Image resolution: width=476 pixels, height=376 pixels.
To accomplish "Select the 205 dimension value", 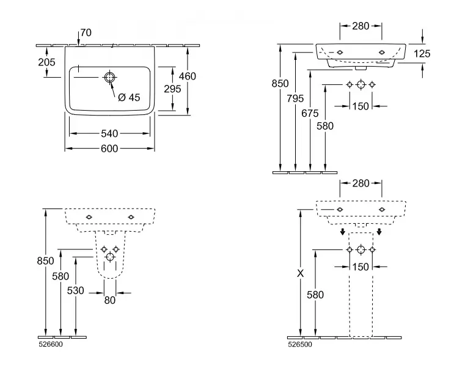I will click(x=46, y=62).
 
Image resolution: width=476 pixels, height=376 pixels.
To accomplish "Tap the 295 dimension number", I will click(x=173, y=89).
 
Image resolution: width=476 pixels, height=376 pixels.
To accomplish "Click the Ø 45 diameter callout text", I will click(x=128, y=97).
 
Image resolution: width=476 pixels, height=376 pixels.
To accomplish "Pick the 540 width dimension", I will click(x=110, y=133).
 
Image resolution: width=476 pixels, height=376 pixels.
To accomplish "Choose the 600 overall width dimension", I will click(x=110, y=148).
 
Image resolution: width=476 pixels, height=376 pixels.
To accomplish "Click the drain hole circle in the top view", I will click(x=109, y=78).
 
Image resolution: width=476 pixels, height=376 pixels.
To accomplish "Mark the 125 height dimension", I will click(x=422, y=54).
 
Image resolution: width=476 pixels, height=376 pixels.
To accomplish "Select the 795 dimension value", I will click(x=296, y=98).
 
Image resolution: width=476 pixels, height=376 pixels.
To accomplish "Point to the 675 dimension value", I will click(x=310, y=112).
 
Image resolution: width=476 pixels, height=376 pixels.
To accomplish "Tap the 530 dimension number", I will click(x=75, y=290).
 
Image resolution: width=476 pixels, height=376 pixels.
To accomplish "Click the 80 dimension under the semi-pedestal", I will click(x=110, y=300).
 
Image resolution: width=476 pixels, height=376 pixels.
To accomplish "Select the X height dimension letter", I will click(x=299, y=274).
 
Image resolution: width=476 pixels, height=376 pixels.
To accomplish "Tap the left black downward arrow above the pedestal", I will click(x=343, y=232).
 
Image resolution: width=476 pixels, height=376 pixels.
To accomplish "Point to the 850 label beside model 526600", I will click(x=46, y=261).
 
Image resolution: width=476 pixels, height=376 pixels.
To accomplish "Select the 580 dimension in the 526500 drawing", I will click(x=315, y=294).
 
